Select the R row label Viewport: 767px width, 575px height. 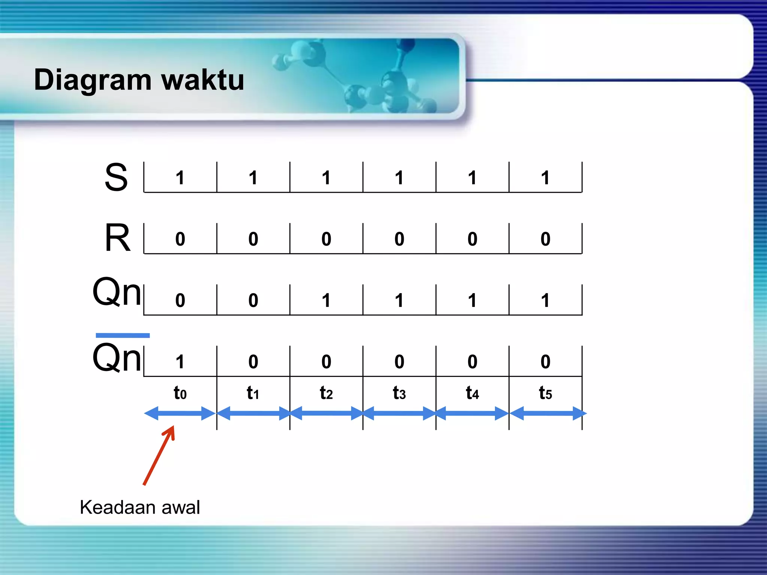coord(117,238)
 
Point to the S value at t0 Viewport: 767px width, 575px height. coord(180,177)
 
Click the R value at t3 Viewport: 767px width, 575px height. coord(399,239)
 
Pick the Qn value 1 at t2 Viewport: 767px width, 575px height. coord(326,300)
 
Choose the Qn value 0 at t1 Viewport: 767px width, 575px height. coord(253,300)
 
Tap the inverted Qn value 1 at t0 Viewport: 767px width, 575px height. coord(180,362)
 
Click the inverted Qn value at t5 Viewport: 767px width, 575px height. coord(545,362)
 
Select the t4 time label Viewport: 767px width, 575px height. coord(472,393)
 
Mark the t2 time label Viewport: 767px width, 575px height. coord(326,393)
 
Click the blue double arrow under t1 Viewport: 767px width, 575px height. coord(254,414)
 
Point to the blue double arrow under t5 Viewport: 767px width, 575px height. coord(547,414)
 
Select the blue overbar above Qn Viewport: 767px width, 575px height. coord(122,335)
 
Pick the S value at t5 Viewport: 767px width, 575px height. coord(545,177)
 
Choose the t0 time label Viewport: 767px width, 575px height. coord(180,393)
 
